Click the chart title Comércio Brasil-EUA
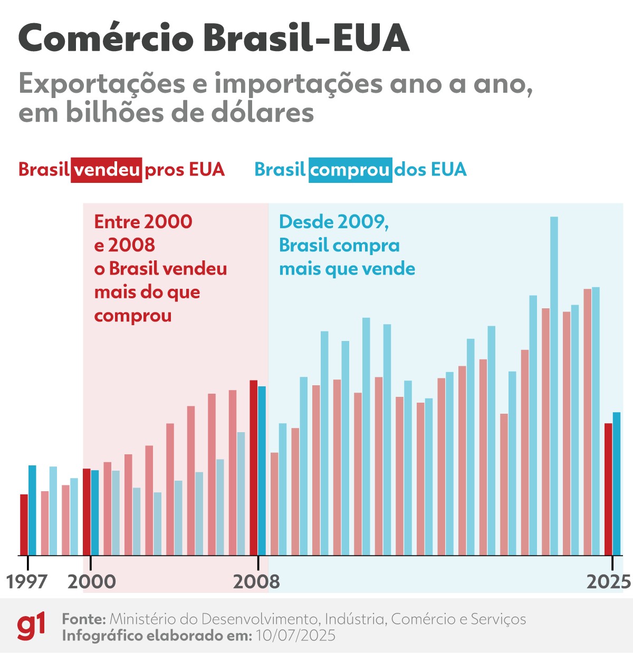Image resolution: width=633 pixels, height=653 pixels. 214,38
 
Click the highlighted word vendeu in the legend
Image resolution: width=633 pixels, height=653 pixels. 107,170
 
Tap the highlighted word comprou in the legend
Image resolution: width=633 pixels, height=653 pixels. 350,170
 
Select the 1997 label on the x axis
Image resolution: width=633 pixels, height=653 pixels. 27,581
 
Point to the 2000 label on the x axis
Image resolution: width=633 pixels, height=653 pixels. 92,581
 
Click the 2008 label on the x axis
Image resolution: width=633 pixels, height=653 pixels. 257,581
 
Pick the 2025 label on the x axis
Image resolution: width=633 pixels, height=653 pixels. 609,581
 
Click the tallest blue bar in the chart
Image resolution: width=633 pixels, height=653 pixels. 554,385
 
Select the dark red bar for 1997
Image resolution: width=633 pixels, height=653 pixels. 24,524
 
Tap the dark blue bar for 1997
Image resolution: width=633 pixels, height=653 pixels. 32,510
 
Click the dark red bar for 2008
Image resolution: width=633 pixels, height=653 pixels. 253,467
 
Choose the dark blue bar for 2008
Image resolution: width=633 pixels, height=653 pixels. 262,471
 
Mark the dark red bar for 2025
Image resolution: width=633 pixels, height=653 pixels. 608,489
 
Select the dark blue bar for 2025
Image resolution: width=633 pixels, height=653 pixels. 617,483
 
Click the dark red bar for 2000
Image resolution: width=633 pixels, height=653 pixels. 87,512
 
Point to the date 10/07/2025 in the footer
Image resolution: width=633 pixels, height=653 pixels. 295,635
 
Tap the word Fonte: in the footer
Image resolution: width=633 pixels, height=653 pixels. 84,619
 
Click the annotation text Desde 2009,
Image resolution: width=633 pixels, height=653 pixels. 334,222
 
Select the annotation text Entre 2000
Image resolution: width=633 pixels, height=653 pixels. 143,222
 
